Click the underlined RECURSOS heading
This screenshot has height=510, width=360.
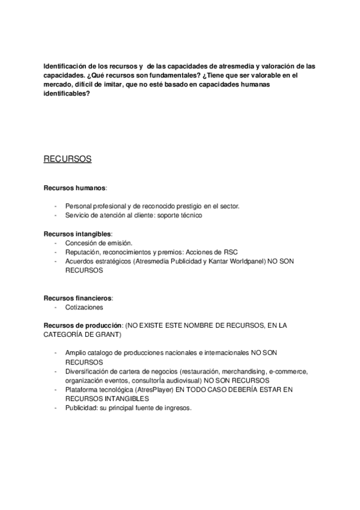[x=67, y=159]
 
